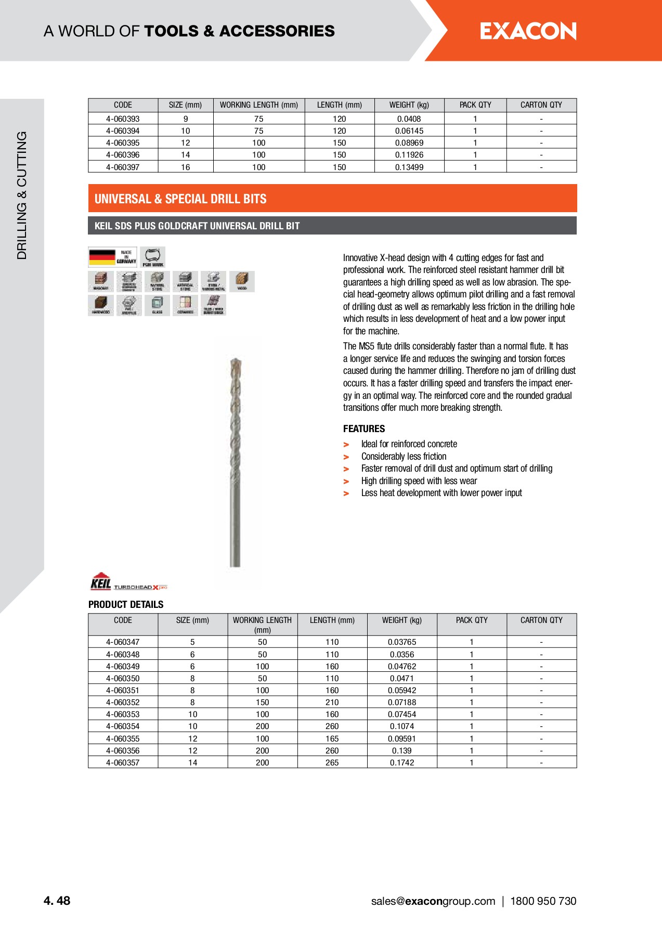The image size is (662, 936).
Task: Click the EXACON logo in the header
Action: (x=528, y=31)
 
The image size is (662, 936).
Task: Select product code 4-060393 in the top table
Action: (x=123, y=119)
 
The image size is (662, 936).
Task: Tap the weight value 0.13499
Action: (x=409, y=167)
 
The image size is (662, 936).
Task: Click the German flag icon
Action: (x=102, y=257)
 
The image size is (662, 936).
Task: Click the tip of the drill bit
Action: (x=236, y=360)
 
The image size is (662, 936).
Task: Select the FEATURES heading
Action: (x=364, y=429)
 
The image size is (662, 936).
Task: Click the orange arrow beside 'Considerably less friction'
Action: (x=346, y=457)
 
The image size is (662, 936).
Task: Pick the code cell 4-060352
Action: (x=123, y=703)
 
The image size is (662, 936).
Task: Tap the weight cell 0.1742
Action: (x=402, y=763)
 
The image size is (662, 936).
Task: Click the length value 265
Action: (x=332, y=763)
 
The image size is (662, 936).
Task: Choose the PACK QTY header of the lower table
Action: (x=472, y=620)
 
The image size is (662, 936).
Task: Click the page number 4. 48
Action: (x=57, y=901)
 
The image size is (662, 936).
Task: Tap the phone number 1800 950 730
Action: (x=543, y=902)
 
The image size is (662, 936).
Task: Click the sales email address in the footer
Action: (x=433, y=902)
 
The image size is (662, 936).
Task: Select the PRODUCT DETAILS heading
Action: (x=126, y=605)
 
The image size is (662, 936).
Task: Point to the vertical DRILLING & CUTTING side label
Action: (x=22, y=195)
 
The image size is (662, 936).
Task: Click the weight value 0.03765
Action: (x=402, y=643)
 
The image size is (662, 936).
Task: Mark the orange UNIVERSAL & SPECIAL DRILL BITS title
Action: (x=180, y=199)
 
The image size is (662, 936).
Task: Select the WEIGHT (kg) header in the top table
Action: (x=409, y=105)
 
